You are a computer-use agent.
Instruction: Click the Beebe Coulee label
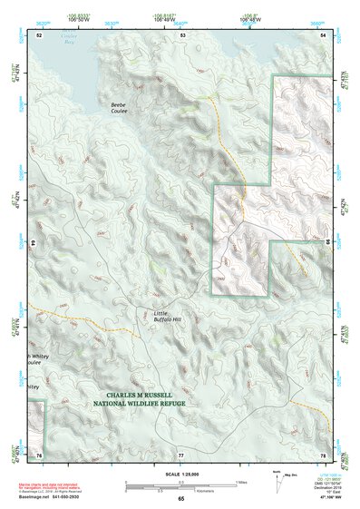pyautogui.click(x=119, y=109)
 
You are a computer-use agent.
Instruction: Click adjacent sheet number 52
pyautogui.click(x=39, y=34)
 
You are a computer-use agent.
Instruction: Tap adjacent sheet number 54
pyautogui.click(x=324, y=34)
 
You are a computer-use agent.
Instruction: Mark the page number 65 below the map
pyautogui.click(x=180, y=499)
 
